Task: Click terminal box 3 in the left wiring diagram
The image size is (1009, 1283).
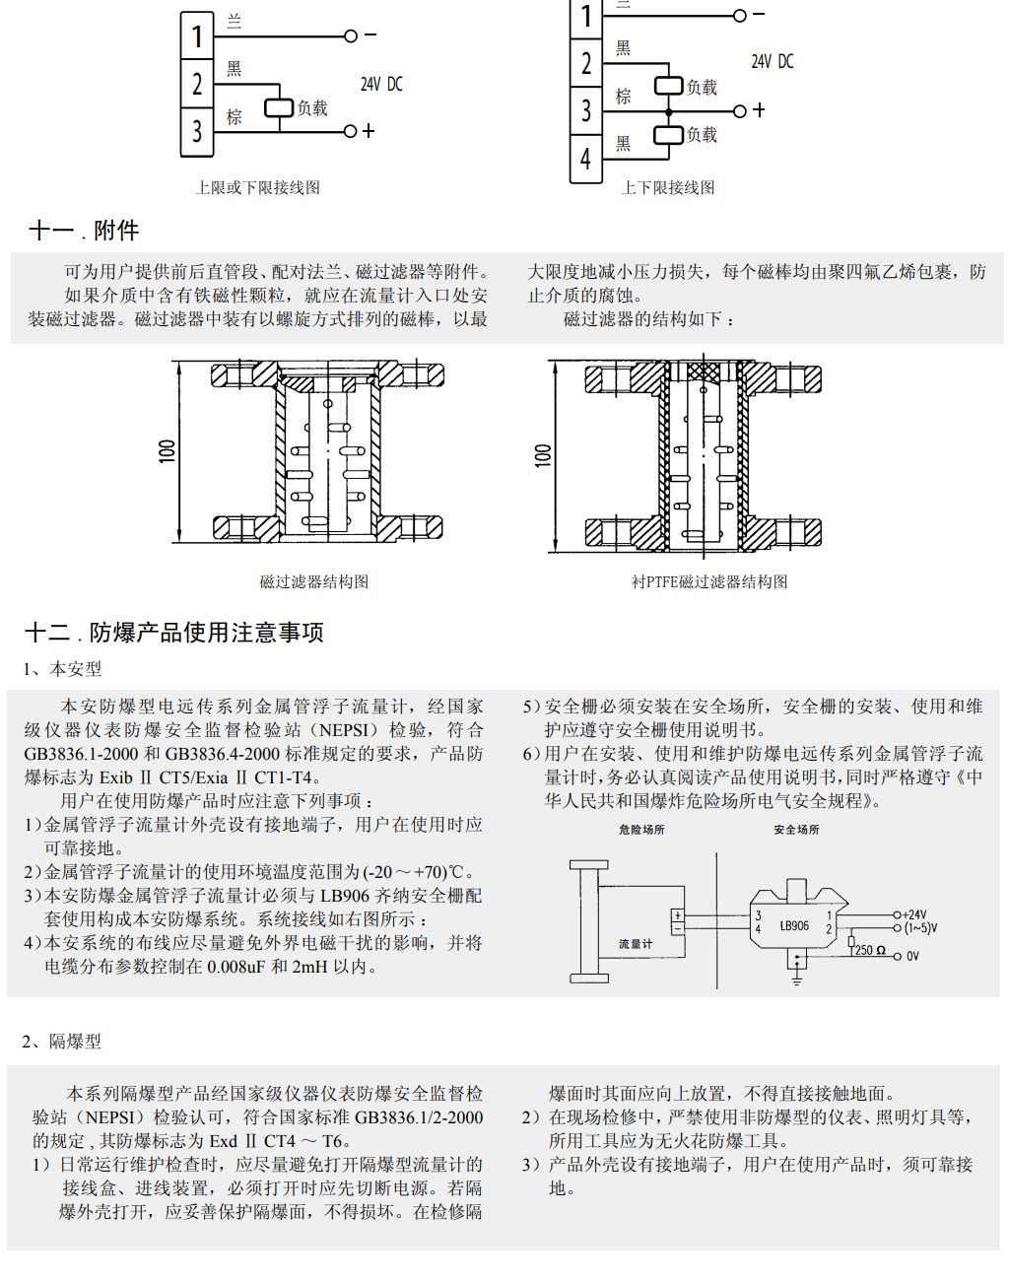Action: click(197, 131)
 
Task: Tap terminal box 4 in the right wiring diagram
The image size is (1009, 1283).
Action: click(586, 158)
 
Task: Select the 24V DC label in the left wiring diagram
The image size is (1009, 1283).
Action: click(381, 85)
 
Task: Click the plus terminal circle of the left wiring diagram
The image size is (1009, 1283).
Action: click(350, 131)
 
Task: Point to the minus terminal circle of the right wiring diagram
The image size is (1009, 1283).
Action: click(740, 15)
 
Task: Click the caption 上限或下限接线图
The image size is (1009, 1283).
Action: click(257, 187)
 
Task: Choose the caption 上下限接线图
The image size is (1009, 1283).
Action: click(668, 187)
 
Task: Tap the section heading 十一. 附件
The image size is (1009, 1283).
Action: click(84, 231)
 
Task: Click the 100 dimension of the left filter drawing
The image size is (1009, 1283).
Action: click(168, 451)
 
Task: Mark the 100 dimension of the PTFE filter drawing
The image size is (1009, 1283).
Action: click(543, 454)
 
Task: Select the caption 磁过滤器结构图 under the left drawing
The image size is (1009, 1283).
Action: click(314, 582)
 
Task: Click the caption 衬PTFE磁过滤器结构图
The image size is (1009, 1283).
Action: click(709, 582)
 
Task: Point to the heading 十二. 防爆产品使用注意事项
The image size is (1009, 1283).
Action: click(174, 633)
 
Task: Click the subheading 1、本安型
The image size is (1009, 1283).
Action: click(62, 669)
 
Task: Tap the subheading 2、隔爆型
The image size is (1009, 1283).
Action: click(62, 1042)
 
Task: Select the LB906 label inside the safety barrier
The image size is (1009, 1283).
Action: click(794, 926)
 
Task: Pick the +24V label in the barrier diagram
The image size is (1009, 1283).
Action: click(915, 914)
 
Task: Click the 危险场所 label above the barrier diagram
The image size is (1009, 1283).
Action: click(641, 830)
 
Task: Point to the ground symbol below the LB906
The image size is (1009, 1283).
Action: click(796, 979)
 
